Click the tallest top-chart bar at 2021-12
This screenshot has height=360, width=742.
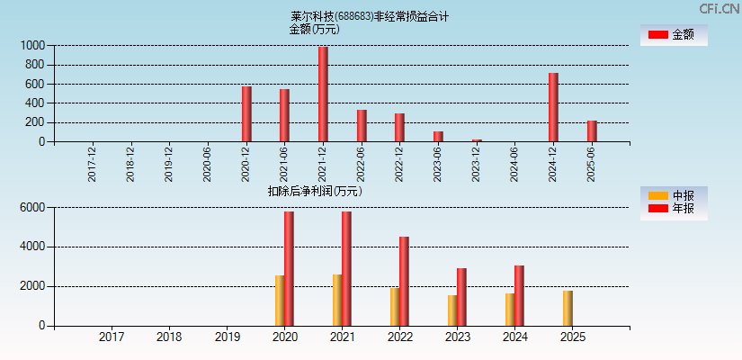click(323, 94)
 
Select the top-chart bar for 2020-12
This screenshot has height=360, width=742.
click(246, 114)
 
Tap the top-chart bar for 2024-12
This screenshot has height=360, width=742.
click(553, 107)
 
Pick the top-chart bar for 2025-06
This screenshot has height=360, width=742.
click(592, 131)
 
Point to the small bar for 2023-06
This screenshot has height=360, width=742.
click(438, 137)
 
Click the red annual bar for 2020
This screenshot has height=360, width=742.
click(289, 268)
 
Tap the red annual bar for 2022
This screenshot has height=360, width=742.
click(404, 281)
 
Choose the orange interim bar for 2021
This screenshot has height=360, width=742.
click(337, 300)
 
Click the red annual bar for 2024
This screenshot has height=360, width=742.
click(519, 295)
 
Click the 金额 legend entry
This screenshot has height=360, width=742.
click(673, 34)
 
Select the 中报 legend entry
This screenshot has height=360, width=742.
click(673, 195)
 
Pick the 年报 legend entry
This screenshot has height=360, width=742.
click(673, 209)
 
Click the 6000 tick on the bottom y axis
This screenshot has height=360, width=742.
click(31, 207)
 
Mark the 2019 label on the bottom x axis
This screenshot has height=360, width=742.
click(228, 337)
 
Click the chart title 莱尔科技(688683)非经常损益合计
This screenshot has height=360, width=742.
click(369, 16)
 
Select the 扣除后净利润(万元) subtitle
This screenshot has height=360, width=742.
click(315, 191)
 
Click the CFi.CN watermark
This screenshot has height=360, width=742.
click(720, 8)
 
